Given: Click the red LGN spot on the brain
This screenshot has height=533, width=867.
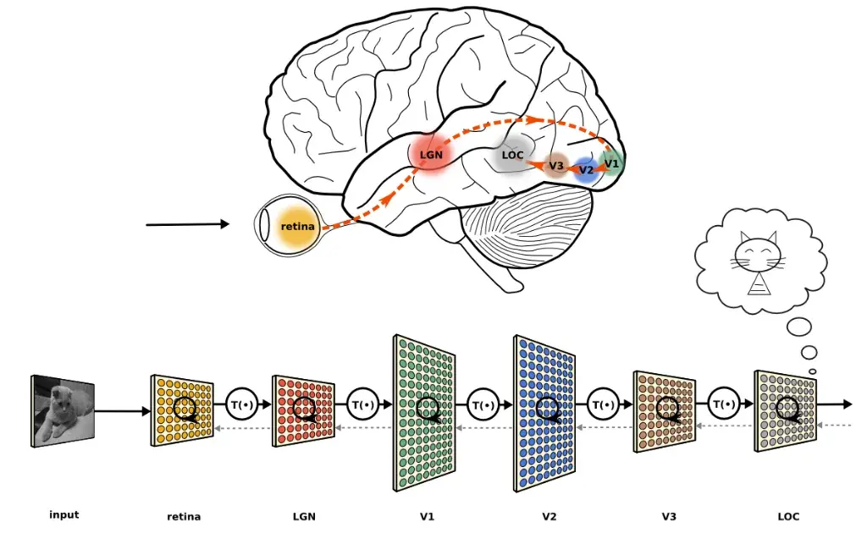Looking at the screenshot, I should click(x=432, y=155).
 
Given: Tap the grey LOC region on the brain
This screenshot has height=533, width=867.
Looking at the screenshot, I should click(x=513, y=156).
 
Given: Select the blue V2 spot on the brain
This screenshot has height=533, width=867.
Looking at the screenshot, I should click(x=585, y=170).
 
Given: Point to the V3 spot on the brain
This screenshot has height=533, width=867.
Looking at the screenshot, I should click(x=556, y=165).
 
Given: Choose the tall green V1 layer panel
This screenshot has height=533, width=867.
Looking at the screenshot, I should click(x=425, y=412).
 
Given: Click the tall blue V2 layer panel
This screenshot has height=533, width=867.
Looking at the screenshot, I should click(x=545, y=412).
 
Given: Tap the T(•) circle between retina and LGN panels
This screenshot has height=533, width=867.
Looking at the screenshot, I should click(x=241, y=405).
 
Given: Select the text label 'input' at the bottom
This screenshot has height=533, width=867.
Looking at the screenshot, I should click(x=64, y=514).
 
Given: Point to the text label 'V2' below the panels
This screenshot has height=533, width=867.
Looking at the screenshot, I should click(x=549, y=516).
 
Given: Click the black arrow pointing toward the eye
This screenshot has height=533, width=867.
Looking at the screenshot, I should click(x=187, y=224).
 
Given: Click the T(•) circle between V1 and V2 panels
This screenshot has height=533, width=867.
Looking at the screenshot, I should click(x=483, y=405).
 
